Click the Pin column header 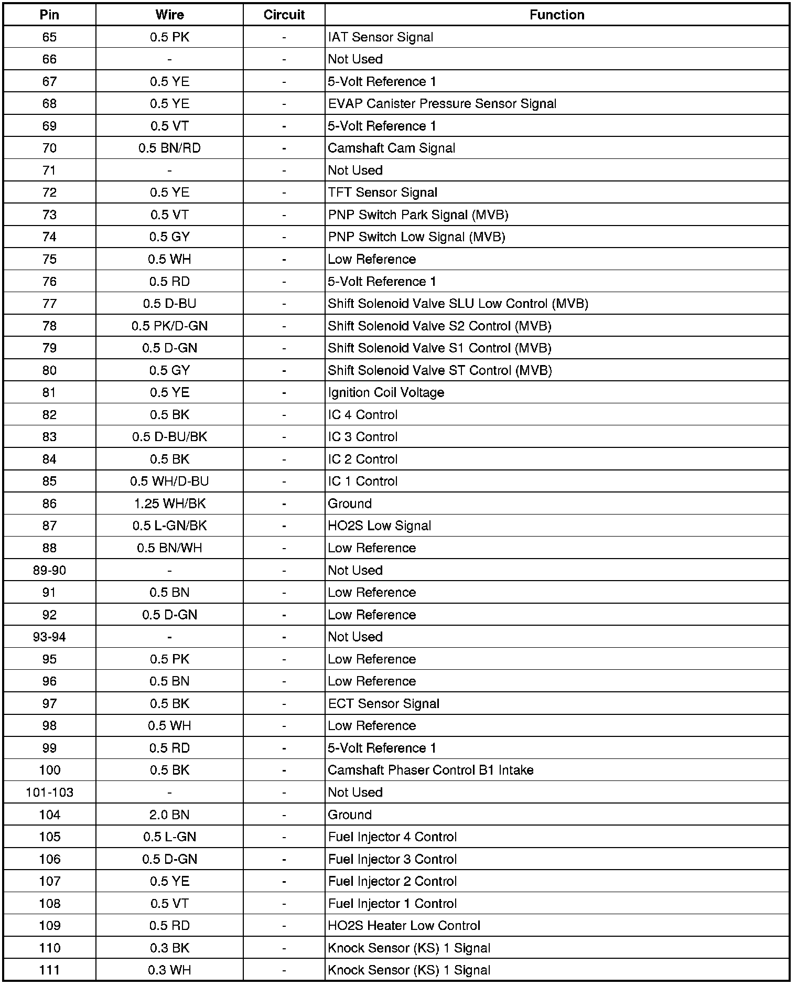pos(49,15)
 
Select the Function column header pos(556,15)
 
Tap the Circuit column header pos(284,15)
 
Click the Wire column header pos(169,15)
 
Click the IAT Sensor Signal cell pos(381,37)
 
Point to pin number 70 pos(49,148)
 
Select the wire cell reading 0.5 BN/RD pos(169,148)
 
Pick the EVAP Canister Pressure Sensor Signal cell pos(442,104)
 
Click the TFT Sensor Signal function pos(383,192)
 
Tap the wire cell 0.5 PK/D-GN pos(169,326)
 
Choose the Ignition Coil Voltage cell pos(386,393)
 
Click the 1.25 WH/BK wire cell pos(169,504)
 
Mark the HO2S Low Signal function pos(380,526)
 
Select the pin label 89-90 pos(49,571)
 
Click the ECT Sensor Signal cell pos(384,704)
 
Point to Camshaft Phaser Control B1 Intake pos(430,770)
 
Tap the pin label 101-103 pos(49,793)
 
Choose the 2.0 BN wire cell pos(169,815)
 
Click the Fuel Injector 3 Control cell pos(392,860)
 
